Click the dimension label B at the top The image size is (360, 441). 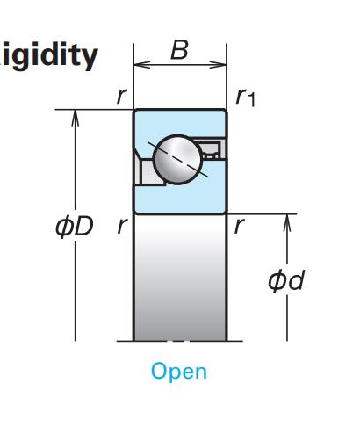tap(179, 50)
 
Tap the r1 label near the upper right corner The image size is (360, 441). tap(246, 98)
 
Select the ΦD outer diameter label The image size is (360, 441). tap(75, 226)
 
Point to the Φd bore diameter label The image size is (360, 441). tap(286, 280)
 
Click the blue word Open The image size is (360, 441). tap(179, 372)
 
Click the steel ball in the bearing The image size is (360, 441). tap(177, 160)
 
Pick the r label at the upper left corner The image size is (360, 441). tap(121, 96)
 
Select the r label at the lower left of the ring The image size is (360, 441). tap(122, 226)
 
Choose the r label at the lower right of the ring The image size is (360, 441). tap(239, 226)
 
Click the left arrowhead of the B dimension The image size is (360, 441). tap(141, 65)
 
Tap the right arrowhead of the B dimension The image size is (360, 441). tap(219, 65)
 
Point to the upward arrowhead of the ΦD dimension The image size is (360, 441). tap(76, 118)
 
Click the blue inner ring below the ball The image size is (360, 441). tap(180, 199)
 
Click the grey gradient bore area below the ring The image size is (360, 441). tap(180, 278)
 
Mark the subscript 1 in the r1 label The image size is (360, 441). tap(251, 100)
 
